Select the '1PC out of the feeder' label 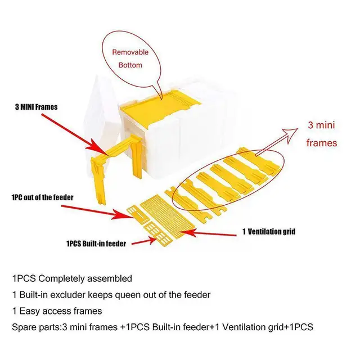click(43, 197)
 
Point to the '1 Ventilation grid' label click(268, 231)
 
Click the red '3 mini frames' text click(322, 134)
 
